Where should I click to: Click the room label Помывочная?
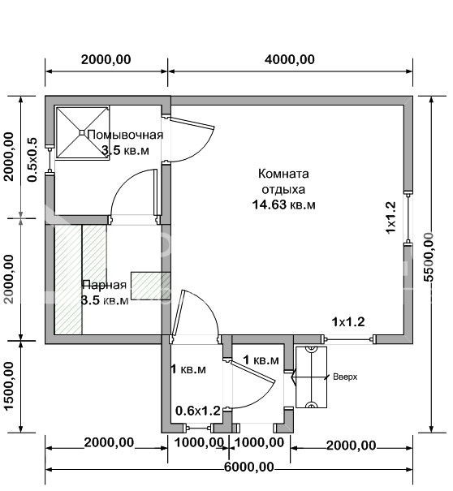[125, 135]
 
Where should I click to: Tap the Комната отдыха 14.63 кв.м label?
[283, 189]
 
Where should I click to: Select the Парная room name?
[104, 285]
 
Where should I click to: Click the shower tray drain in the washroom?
[82, 133]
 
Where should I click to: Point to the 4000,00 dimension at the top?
[290, 59]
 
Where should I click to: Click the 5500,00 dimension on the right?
[429, 256]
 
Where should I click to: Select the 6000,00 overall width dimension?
[249, 467]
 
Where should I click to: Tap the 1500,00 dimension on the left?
[10, 385]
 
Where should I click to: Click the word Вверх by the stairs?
[345, 377]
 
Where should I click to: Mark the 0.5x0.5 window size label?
[32, 159]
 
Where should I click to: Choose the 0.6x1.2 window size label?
[198, 411]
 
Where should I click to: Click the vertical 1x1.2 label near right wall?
[390, 217]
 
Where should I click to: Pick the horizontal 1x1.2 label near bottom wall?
[348, 321]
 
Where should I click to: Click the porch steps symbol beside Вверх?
[312, 377]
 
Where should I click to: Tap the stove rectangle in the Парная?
[151, 286]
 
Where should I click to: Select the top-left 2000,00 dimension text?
[106, 59]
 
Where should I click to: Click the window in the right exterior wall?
[408, 217]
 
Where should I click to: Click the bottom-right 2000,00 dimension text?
[352, 446]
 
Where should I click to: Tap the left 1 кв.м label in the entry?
[188, 369]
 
